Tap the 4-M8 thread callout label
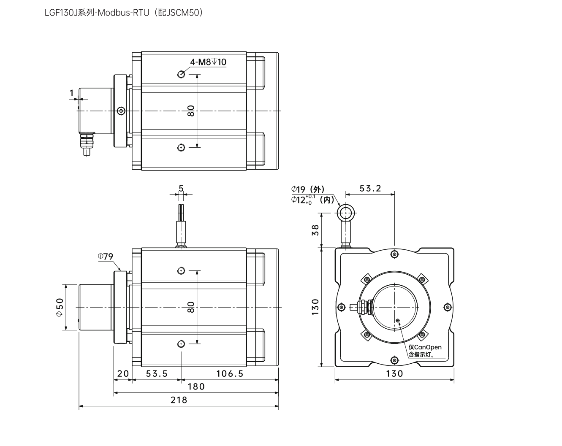[208, 62]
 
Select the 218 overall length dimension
[179, 400]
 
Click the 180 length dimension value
[196, 387]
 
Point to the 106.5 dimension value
[230, 374]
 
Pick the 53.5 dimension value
[157, 374]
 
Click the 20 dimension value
[123, 374]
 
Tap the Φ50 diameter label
[60, 307]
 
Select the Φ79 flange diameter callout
[106, 257]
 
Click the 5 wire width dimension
[181, 188]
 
